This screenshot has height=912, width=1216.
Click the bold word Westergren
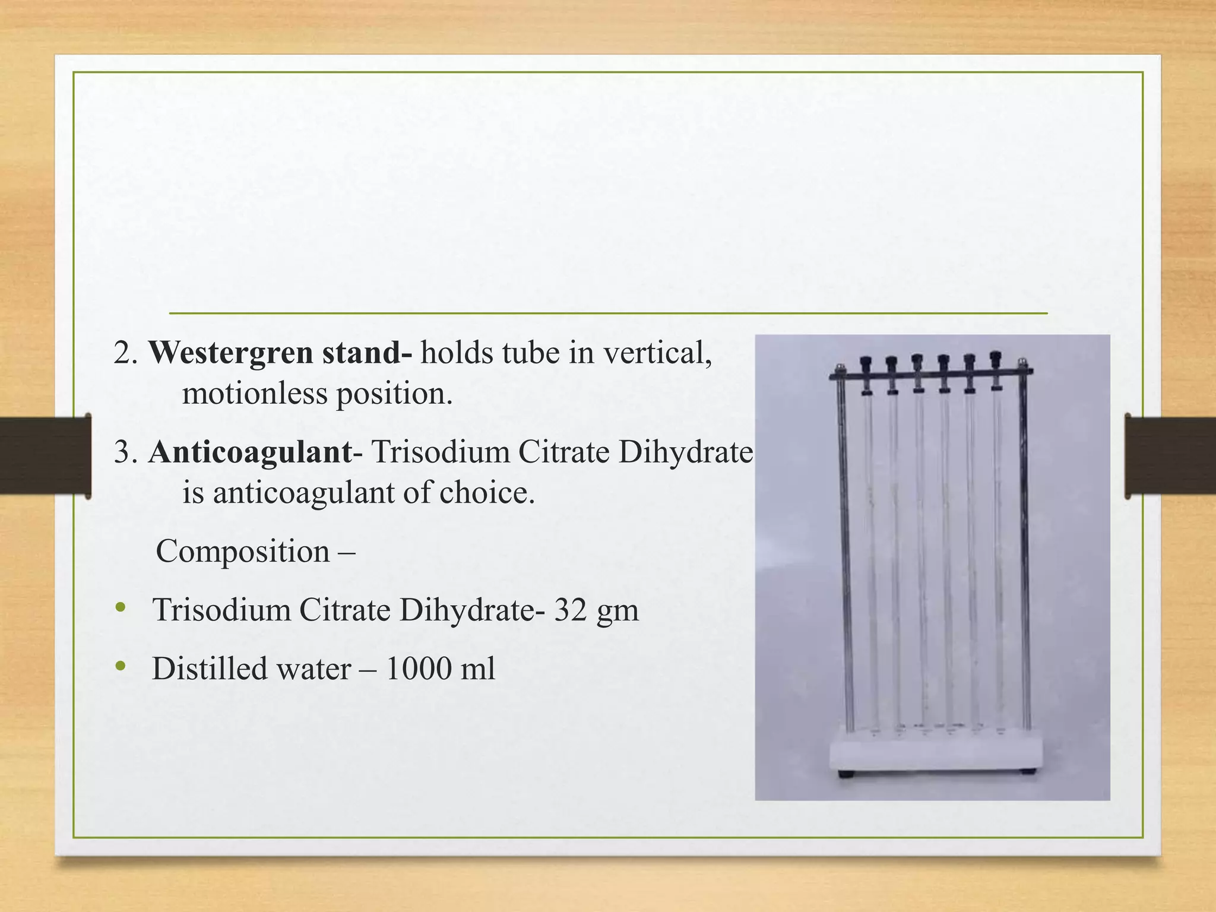coord(231,353)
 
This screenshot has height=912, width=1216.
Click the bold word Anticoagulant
coord(250,452)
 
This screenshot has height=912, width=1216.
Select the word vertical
coord(656,353)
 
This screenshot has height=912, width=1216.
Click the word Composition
coord(242,552)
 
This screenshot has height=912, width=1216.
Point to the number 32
coord(571,610)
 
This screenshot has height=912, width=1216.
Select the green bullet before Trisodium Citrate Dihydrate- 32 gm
coord(122,607)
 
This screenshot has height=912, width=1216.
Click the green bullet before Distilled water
coord(122,666)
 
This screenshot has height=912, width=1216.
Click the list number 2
coord(123,353)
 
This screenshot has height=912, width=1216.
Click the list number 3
coord(123,453)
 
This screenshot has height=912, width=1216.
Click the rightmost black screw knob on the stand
coord(996,359)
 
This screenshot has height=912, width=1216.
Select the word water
coord(315,669)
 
